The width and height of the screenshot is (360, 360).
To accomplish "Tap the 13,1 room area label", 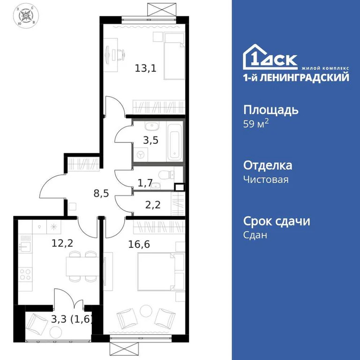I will (x=145, y=68).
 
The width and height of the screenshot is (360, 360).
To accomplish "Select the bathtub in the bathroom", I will (x=174, y=140).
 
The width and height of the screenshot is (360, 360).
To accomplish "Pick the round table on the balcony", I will (x=56, y=332).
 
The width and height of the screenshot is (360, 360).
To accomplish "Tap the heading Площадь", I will (x=271, y=111).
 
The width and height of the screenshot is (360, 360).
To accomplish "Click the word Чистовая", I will (x=266, y=179).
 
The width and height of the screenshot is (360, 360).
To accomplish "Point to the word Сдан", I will (x=255, y=235).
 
